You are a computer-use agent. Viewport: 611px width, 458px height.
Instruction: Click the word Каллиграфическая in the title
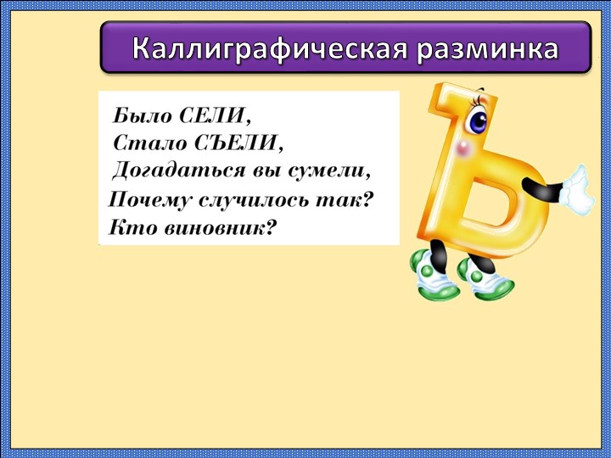coord(271,49)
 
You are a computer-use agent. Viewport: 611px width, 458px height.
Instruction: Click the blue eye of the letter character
coord(477,121)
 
